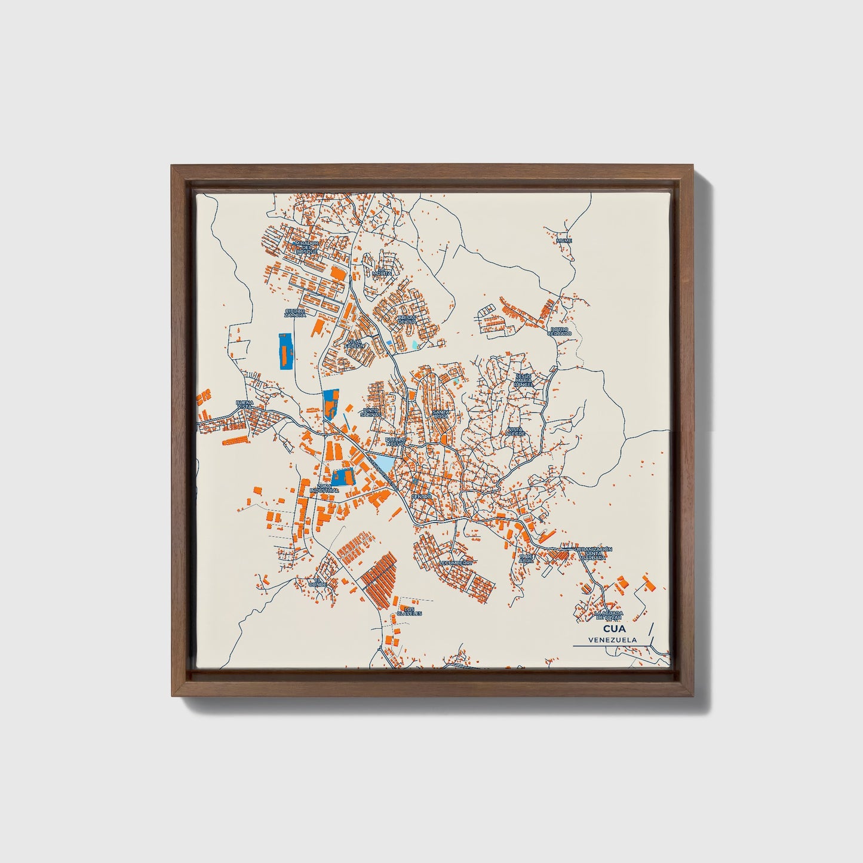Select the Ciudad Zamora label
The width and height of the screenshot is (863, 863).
point(295,313)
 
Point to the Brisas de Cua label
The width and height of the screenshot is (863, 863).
point(407,320)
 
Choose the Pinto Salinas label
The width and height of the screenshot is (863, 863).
point(371,413)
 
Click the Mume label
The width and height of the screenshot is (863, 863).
point(564,241)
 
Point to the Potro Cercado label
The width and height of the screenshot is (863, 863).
point(561,331)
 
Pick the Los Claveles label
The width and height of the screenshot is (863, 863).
point(410,610)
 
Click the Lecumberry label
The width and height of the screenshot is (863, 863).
point(456,563)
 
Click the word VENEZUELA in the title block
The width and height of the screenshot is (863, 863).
point(612,640)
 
